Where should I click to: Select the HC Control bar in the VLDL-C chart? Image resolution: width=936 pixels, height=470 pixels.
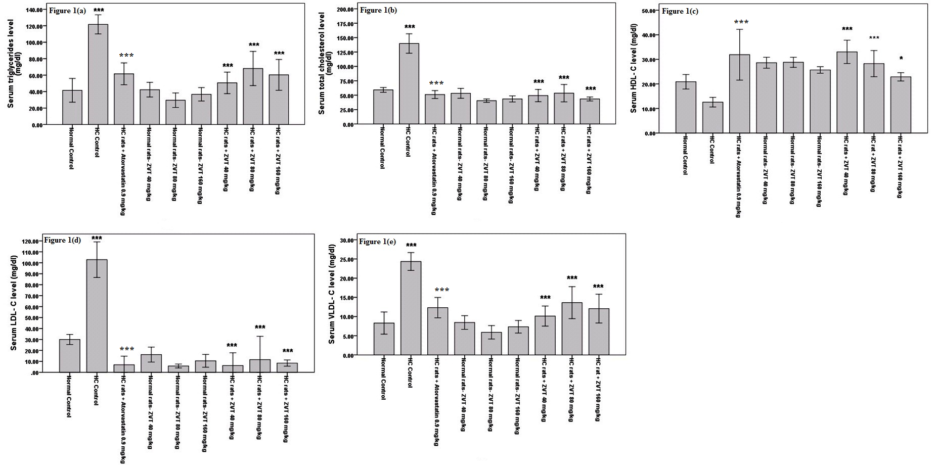pyautogui.click(x=411, y=308)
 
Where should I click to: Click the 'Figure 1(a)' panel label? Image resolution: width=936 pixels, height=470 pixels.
pyautogui.click(x=67, y=11)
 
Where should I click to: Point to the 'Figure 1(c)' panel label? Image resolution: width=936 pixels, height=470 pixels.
pyautogui.click(x=680, y=11)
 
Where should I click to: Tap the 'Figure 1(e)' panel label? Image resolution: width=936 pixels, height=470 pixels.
pyautogui.click(x=377, y=242)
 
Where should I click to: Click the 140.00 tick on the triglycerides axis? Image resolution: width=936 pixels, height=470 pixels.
pyautogui.click(x=33, y=10)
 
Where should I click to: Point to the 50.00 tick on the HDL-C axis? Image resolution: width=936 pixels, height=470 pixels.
pyautogui.click(x=648, y=11)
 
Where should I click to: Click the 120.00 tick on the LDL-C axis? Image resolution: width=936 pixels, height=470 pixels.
pyautogui.click(x=30, y=242)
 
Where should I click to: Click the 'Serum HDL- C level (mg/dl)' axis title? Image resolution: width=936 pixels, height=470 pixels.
pyautogui.click(x=634, y=68)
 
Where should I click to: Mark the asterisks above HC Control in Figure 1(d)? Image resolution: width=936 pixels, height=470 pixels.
pyautogui.click(x=97, y=238)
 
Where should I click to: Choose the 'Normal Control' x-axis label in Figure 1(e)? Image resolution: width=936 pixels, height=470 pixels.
pyautogui.click(x=383, y=378)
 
